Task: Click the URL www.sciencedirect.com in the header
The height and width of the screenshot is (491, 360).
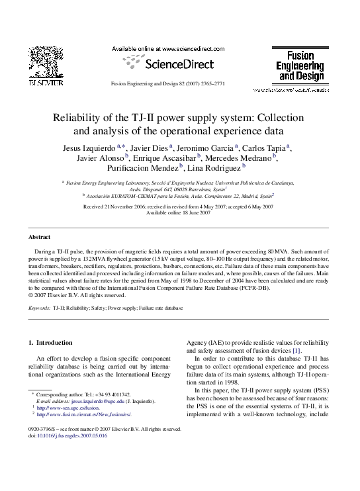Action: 179,49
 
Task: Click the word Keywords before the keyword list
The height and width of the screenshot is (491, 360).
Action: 40,308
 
